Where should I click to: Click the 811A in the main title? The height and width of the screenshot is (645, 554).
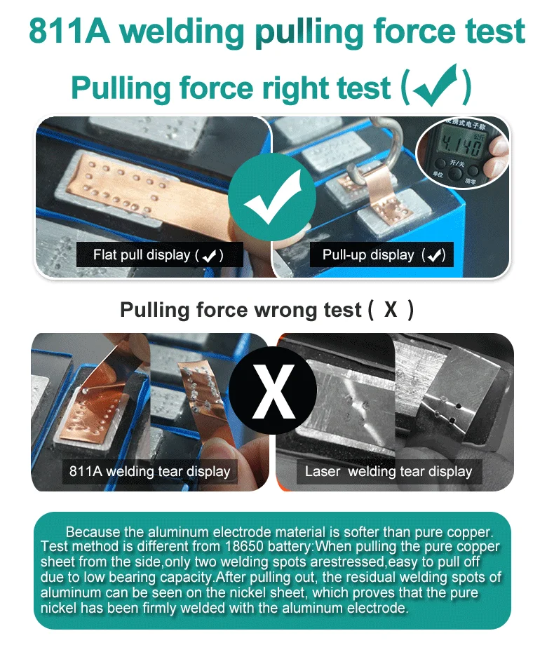69,31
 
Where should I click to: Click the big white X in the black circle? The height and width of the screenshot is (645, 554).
273,391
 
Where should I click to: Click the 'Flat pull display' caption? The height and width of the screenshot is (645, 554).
142,255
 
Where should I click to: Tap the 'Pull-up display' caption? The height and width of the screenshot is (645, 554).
368,255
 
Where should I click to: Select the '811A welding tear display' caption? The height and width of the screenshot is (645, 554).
150,471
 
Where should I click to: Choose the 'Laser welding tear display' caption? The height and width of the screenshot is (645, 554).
389,471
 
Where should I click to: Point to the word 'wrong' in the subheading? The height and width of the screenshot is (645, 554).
287,310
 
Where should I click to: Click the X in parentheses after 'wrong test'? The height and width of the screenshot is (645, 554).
391,309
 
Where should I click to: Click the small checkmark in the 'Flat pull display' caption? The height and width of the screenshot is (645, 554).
210,256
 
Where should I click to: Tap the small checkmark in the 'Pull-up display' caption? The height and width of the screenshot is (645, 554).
434,255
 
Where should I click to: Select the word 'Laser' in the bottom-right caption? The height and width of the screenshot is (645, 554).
323,471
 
